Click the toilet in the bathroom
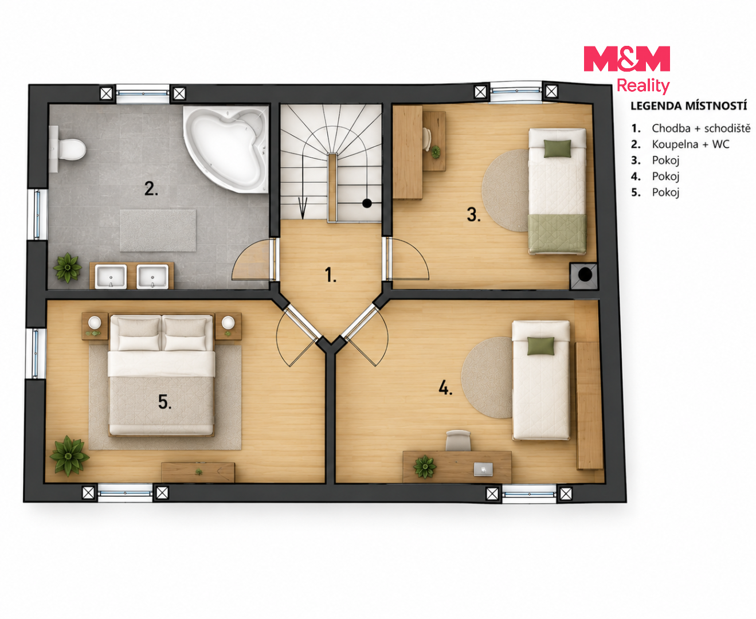[68, 149]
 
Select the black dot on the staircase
[367, 203]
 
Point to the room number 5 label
[165, 402]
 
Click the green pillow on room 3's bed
[558, 148]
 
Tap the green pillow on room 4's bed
[540, 346]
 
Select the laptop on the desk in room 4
[483, 469]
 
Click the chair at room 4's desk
[458, 441]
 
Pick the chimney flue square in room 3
[584, 276]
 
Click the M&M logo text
[626, 58]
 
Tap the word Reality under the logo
[643, 86]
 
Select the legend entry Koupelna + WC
[680, 144]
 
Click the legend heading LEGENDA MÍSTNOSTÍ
[688, 106]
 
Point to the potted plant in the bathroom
[68, 268]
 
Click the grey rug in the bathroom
[158, 230]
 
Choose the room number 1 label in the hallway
[331, 275]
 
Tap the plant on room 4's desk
[425, 467]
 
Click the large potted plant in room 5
[69, 456]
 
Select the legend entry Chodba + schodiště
[691, 128]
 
